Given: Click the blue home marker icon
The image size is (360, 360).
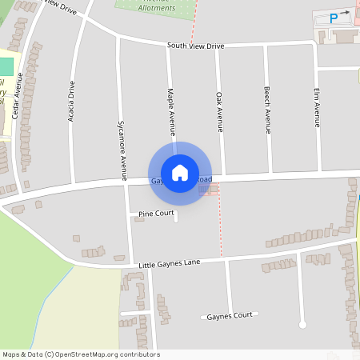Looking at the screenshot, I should pyautogui.click(x=180, y=172).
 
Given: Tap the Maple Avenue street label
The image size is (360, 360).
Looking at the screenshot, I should pyautogui.click(x=170, y=112).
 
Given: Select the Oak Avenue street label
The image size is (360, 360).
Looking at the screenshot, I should pyautogui.click(x=219, y=112).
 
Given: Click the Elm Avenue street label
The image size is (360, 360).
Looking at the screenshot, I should pyautogui.click(x=317, y=108).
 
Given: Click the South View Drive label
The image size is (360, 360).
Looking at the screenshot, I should pyautogui.click(x=195, y=46).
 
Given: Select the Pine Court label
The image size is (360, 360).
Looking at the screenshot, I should pyautogui.click(x=156, y=214).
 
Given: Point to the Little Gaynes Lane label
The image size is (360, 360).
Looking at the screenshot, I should pyautogui.click(x=169, y=263).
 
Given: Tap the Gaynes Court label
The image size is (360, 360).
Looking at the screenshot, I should pyautogui.click(x=229, y=315).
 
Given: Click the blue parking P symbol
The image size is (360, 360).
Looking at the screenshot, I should pyautogui.click(x=333, y=17).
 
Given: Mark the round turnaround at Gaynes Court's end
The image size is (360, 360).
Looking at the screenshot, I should pyautogui.click(x=302, y=324).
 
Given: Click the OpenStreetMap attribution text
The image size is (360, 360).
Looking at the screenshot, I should pyautogui.click(x=81, y=354).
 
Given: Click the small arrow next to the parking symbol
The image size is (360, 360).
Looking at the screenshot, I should pyautogui.click(x=345, y=12).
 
